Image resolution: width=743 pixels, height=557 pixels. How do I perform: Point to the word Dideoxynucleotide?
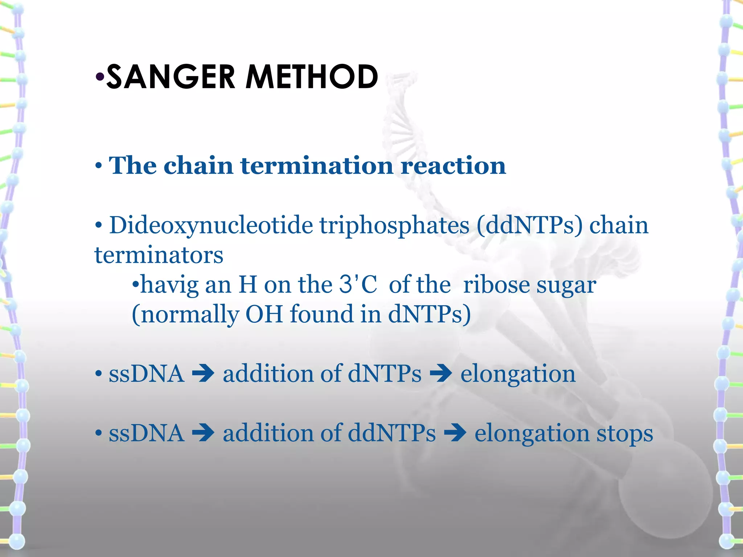point(211,226)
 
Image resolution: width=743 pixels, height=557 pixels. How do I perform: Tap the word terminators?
point(159,255)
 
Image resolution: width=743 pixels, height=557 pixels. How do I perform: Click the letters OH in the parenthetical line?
point(264,314)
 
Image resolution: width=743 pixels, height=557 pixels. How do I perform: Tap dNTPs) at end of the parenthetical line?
point(429,314)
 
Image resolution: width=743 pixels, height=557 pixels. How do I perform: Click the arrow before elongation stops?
point(455,433)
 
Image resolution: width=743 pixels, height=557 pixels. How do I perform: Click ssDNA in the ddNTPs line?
point(146,433)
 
